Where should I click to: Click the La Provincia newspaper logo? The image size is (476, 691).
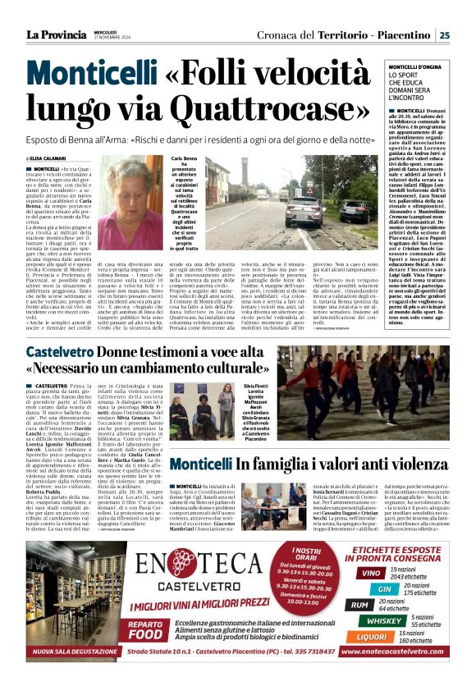click(57, 34)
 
